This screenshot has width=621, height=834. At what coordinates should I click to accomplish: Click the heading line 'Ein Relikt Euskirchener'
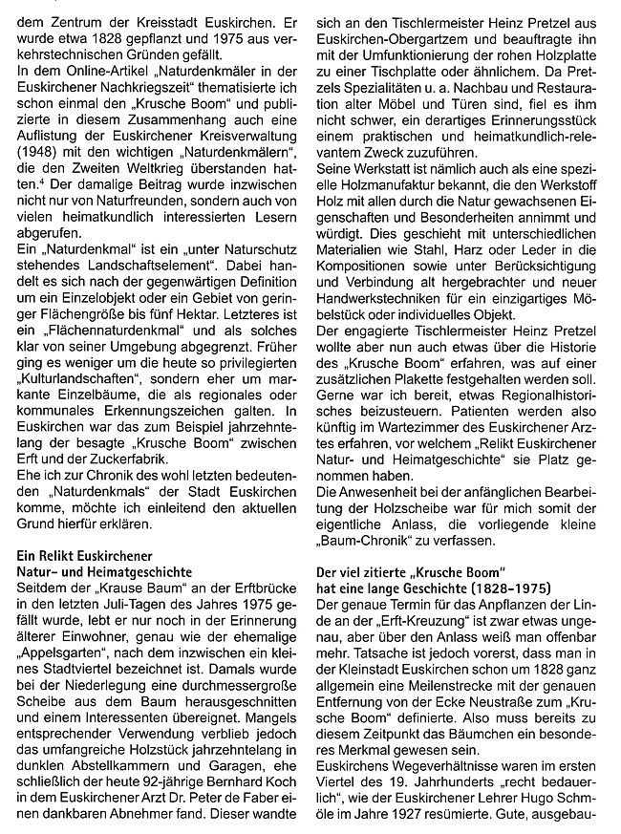pos(85,555)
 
